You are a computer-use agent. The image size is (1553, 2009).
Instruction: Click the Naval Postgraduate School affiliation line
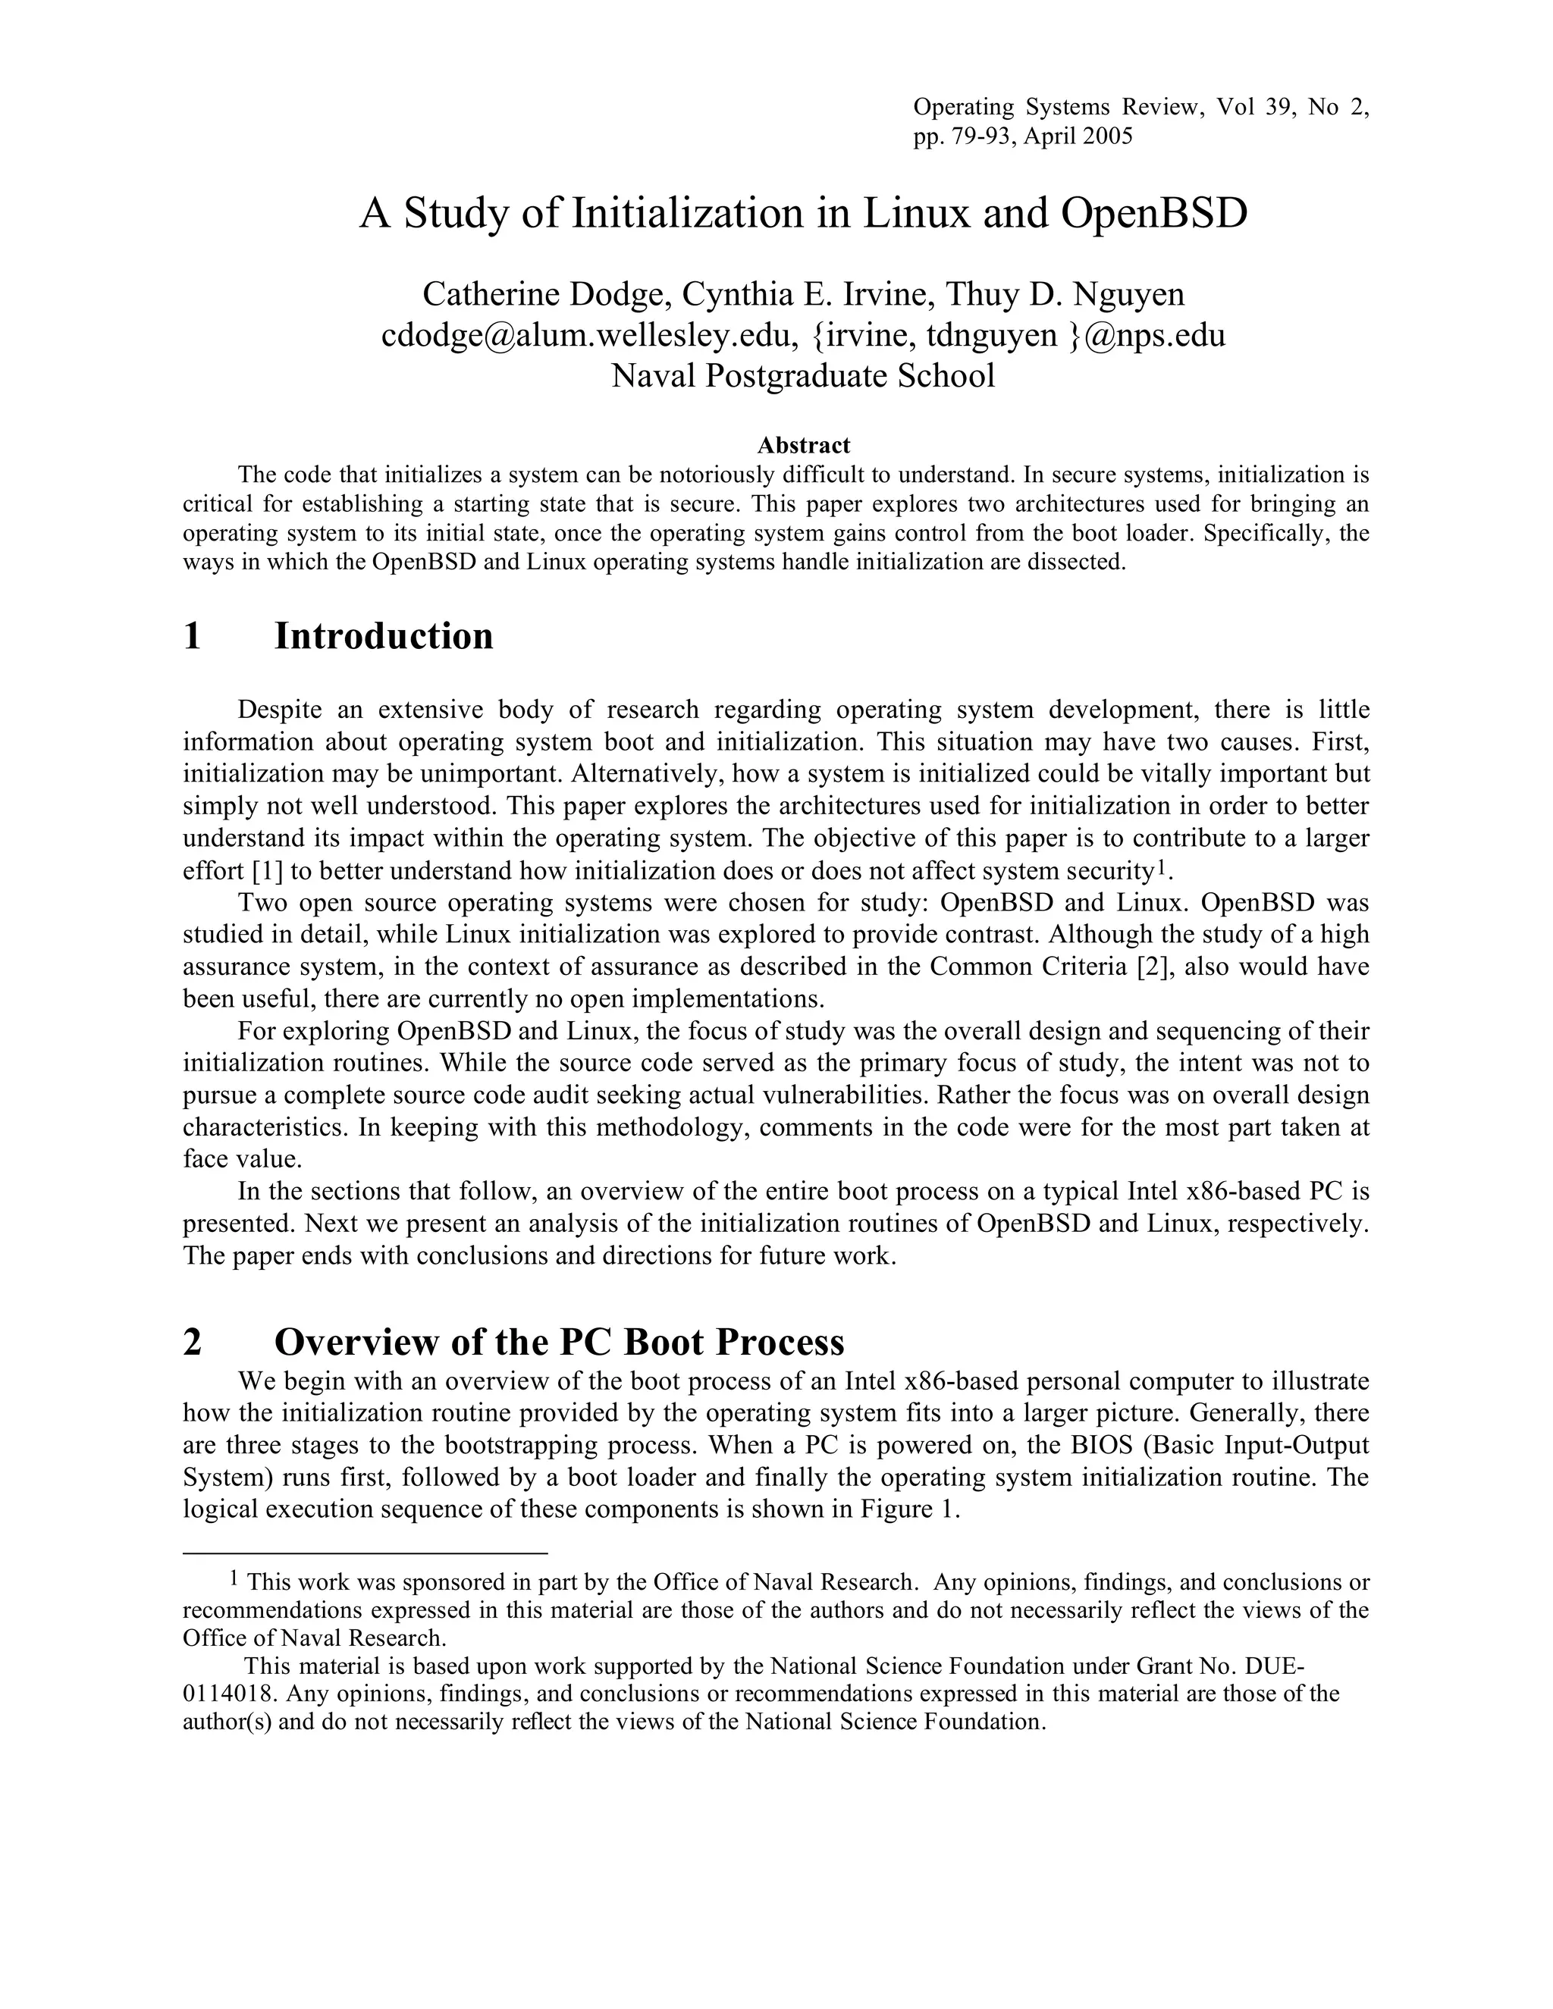click(x=803, y=376)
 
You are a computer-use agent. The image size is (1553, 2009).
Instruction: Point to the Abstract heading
click(x=803, y=445)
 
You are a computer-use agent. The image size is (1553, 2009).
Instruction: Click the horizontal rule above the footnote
click(x=366, y=1553)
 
